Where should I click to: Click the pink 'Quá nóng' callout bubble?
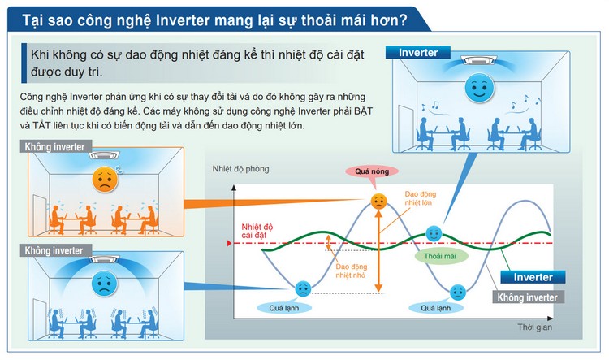(372, 171)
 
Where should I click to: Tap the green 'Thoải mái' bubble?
(441, 256)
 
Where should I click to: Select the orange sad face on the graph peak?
(378, 202)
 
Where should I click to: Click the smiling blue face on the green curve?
(434, 234)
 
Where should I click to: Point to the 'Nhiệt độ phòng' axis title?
(240, 169)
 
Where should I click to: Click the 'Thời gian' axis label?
(534, 327)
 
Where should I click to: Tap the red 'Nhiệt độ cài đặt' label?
(257, 231)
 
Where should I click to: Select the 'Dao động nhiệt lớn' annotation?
(421, 198)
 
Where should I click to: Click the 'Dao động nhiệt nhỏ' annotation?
(351, 271)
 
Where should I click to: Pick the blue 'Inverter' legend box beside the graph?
(533, 277)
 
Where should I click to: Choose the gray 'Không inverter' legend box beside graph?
(528, 297)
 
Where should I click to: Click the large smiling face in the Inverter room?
(479, 88)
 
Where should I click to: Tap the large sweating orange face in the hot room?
(106, 180)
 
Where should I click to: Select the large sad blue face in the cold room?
(105, 283)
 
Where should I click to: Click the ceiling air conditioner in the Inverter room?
(477, 61)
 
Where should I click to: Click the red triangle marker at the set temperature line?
(230, 243)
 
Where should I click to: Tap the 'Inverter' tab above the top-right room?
(418, 53)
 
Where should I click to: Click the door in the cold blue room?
(39, 318)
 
